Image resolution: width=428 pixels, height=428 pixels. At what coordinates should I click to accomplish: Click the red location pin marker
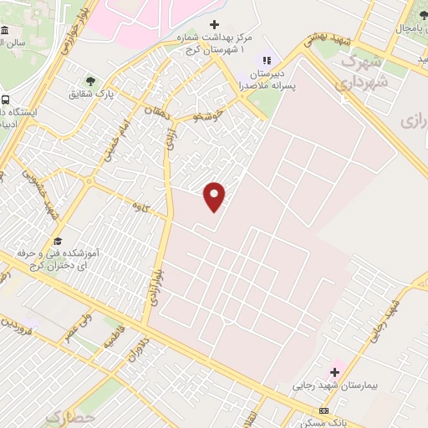[215, 196]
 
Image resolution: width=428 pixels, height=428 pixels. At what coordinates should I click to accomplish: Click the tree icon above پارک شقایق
[90, 81]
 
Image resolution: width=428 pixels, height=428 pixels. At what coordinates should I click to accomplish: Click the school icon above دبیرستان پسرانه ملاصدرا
[267, 60]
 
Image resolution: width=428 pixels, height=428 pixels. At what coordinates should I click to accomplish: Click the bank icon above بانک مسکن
[324, 410]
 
